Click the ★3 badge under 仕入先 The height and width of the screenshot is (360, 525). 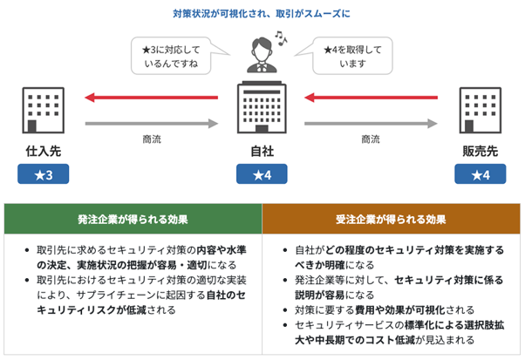[44, 175]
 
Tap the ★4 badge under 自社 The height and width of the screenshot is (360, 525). [262, 175]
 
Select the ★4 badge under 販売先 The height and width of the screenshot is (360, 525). [481, 175]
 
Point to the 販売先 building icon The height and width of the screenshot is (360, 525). [481, 110]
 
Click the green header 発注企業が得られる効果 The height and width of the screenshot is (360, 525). [132, 219]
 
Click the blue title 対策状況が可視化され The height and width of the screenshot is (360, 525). [262, 13]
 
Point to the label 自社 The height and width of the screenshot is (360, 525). [262, 151]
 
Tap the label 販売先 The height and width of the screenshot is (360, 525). [481, 151]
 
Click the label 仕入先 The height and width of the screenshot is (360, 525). [44, 151]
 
